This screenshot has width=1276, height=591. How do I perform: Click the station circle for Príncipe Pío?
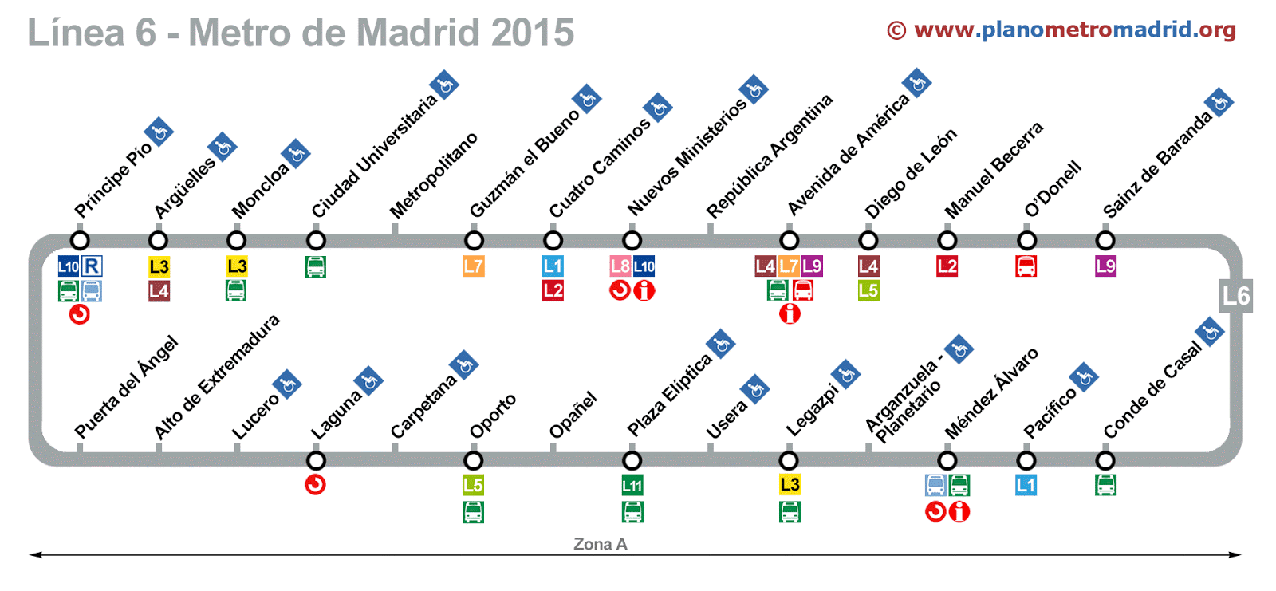click(79, 240)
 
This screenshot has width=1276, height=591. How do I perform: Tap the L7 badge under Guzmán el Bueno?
click(474, 266)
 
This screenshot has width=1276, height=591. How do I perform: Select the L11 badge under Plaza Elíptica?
click(632, 485)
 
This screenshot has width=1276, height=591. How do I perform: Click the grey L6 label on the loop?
click(1235, 296)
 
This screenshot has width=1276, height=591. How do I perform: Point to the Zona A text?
click(600, 544)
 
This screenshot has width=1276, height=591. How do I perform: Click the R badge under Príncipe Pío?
click(93, 266)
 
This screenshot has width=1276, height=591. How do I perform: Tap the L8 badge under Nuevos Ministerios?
click(620, 266)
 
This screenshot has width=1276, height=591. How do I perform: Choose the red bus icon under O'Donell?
click(1026, 266)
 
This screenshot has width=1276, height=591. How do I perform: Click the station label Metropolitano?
click(433, 175)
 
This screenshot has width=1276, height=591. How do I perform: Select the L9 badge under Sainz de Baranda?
click(1105, 266)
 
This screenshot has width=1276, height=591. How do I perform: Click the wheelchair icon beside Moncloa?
click(295, 154)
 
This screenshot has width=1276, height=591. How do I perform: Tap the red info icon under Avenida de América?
click(790, 314)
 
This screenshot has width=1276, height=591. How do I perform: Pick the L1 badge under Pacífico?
click(1026, 485)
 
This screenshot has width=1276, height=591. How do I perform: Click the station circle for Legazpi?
click(789, 460)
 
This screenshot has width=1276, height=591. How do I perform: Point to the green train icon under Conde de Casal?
click(1105, 485)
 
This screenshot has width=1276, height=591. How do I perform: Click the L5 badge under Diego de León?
click(868, 291)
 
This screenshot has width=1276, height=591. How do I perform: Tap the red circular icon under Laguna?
click(316, 484)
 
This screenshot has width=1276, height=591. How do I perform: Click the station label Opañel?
click(573, 415)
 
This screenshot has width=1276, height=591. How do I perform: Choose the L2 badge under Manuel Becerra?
click(947, 266)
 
